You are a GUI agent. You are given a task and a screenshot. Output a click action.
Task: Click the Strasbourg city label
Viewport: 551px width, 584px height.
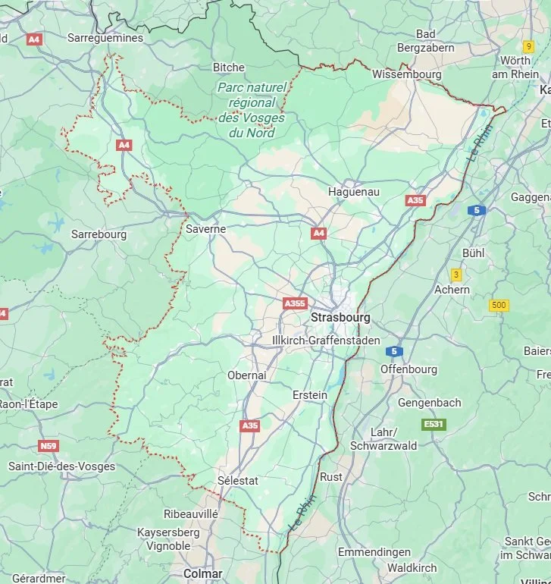pos(340,318)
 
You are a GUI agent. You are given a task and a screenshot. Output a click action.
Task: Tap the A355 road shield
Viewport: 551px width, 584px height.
pos(294,303)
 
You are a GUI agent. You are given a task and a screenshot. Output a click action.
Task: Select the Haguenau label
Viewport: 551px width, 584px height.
pos(353,192)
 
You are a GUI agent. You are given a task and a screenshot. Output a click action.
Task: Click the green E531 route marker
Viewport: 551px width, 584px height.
pos(434,424)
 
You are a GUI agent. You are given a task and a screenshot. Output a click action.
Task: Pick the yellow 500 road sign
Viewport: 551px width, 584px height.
pos(499,306)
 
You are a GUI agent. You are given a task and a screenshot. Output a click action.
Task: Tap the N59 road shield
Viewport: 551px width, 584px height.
pos(49,446)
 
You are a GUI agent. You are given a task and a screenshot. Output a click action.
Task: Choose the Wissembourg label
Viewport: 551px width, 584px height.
pos(406,74)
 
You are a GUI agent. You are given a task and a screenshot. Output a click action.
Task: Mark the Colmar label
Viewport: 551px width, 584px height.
pos(202,574)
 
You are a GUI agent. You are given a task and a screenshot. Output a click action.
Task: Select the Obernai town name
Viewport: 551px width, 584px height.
pos(246,375)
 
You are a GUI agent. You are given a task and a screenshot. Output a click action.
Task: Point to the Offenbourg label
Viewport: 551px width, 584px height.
pos(409,369)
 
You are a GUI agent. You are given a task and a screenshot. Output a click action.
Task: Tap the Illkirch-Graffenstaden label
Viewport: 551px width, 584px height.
pos(326,341)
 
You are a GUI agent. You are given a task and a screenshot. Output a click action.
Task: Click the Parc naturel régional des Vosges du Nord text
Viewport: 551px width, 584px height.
pos(251,110)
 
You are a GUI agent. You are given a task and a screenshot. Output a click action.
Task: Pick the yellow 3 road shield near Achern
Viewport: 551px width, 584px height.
pos(456,275)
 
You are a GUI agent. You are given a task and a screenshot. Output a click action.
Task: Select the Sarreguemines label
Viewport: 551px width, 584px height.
pos(105,37)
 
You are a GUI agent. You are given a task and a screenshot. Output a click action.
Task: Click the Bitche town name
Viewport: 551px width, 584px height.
pos(228,68)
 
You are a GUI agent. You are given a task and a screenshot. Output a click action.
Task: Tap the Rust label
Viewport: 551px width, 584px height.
pos(330,477)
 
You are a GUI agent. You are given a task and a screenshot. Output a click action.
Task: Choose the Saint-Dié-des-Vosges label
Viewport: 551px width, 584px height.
pos(61,466)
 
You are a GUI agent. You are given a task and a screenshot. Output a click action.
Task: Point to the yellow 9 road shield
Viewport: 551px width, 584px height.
pos(528,46)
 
